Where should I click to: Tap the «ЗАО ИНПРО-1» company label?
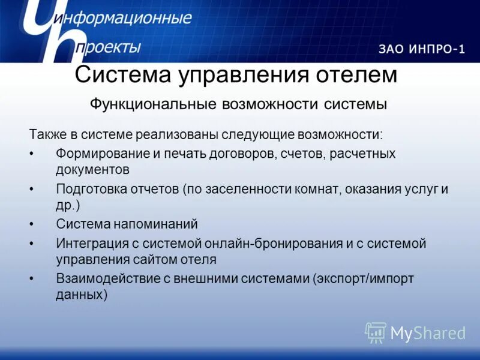(421, 49)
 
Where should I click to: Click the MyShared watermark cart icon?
(376, 332)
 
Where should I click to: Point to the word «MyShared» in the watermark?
(428, 333)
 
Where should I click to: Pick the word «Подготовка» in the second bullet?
(90, 189)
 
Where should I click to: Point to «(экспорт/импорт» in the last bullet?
(363, 280)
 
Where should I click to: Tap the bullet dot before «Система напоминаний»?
(31, 224)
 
